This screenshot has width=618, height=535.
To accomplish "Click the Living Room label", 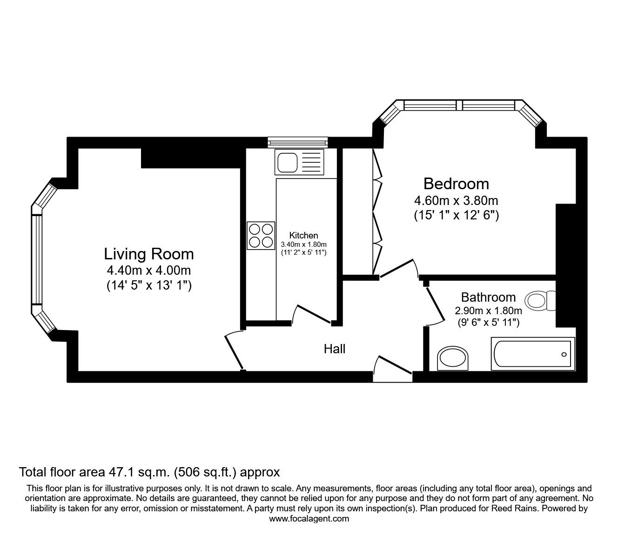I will point(148,254).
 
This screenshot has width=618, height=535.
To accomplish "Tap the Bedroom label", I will point(456,184).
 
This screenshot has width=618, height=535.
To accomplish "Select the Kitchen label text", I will point(303,235).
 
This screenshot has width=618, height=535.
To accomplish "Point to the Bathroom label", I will point(488,297).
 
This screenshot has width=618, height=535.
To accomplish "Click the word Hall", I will point(335,349).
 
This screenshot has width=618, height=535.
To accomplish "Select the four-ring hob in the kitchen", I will point(261,235).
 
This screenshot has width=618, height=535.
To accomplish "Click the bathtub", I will point(533,354).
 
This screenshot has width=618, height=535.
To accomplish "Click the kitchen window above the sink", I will point(298,142).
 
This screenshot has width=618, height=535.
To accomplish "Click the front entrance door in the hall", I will point(394,365).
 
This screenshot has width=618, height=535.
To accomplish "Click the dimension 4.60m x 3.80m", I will point(456,201).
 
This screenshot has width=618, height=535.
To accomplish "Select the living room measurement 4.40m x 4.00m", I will point(148,270).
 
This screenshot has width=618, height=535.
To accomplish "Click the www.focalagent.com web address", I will point(309,518).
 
